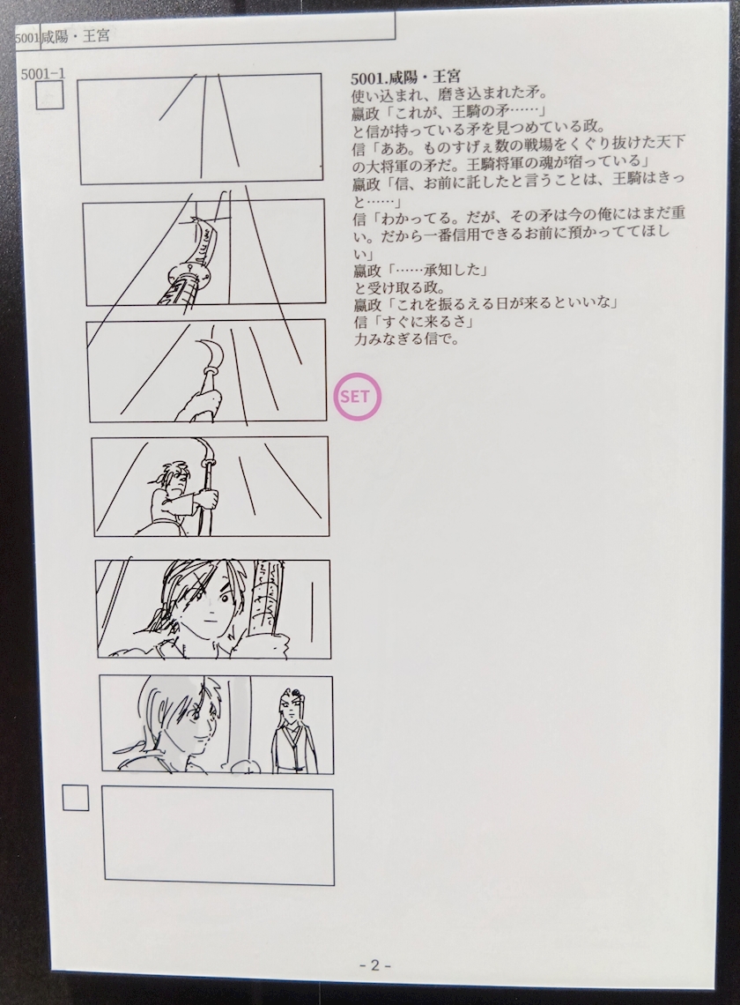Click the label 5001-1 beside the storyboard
43,73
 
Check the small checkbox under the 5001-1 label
49,96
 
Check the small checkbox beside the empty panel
76,799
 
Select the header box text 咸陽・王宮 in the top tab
74,36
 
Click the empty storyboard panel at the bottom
218,835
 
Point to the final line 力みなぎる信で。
407,339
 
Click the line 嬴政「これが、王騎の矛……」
448,112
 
